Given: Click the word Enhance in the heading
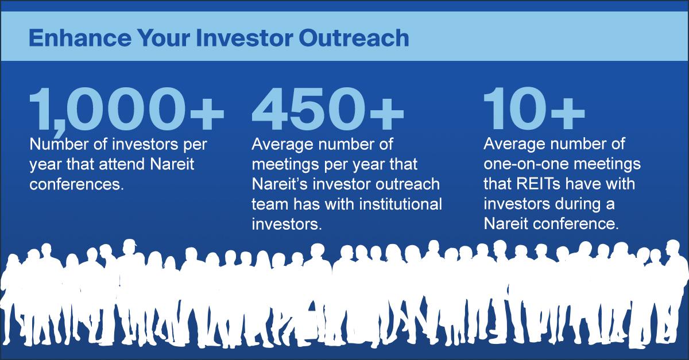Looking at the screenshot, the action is tap(80, 38).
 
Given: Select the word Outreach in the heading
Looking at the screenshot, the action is tap(354, 38).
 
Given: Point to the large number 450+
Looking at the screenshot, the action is tap(328, 109).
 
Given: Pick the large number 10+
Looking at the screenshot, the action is tap(534, 109).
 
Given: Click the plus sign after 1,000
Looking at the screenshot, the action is tap(207, 113).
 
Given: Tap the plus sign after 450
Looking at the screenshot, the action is tap(386, 113).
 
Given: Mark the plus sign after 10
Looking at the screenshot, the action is tap(568, 113).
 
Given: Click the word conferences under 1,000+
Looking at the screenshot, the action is tap(76, 184).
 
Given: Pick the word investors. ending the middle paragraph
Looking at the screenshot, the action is tap(287, 224).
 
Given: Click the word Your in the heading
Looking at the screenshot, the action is tap(164, 38).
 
